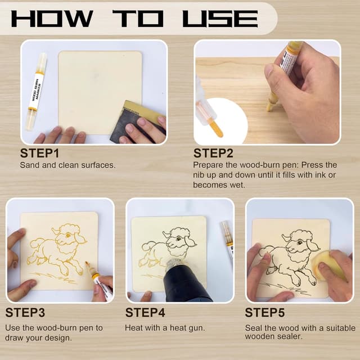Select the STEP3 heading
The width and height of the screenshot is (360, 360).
(25, 313)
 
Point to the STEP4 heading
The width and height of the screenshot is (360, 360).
(145, 313)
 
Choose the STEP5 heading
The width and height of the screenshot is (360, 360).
(264, 313)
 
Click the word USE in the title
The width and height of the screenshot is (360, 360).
(219, 18)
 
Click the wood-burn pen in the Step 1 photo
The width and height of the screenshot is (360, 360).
(37, 90)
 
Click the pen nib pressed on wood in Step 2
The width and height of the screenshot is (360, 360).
(272, 103)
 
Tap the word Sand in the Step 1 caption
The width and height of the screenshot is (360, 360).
(29, 165)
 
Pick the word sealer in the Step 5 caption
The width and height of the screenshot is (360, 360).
(291, 336)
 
